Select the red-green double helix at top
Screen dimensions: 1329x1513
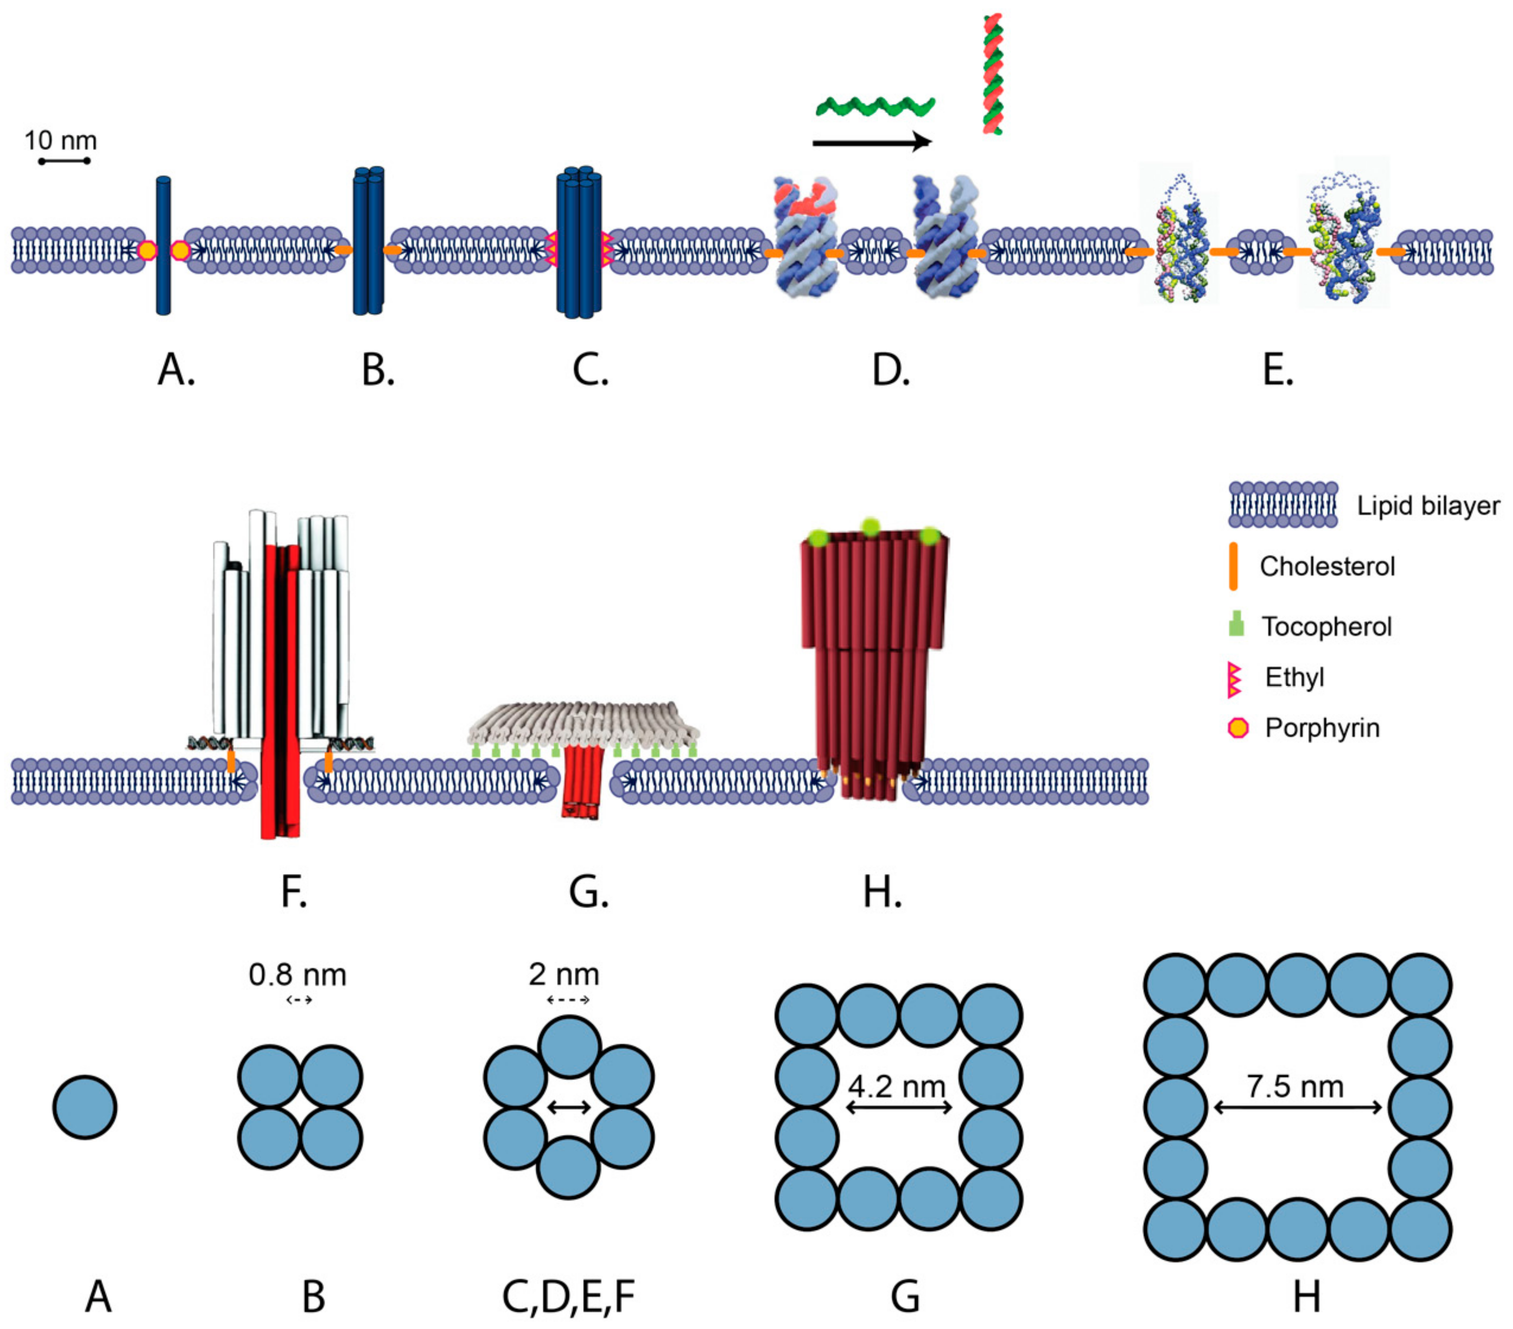point(993,74)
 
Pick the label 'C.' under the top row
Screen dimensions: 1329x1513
point(590,370)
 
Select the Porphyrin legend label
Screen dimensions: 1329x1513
point(1322,728)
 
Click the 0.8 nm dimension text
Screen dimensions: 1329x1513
point(297,975)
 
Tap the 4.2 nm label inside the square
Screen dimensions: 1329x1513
point(897,1086)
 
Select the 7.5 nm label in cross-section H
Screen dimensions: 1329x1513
point(1295,1086)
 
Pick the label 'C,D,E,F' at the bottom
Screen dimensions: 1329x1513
point(569,1296)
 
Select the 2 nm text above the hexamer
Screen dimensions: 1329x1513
point(564,975)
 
